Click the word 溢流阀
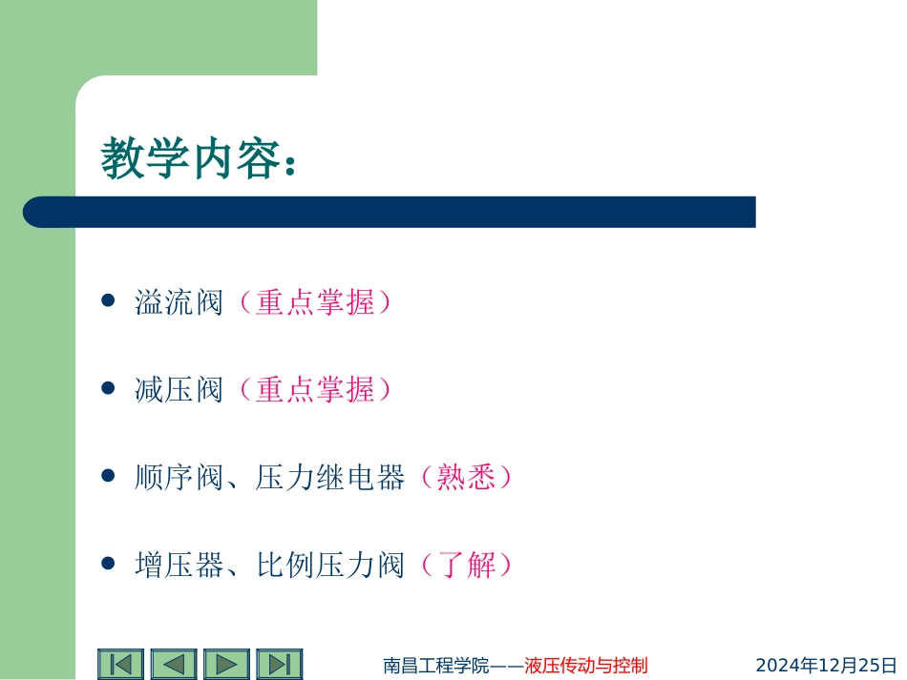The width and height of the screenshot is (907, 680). coord(179,303)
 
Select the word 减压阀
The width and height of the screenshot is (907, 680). coord(179,389)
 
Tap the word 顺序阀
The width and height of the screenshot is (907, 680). coord(179,477)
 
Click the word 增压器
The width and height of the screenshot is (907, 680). coord(179,565)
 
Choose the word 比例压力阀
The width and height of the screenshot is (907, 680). coord(330,565)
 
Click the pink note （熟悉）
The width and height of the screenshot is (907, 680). coord(467,477)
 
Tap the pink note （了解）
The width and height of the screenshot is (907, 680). coord(467,565)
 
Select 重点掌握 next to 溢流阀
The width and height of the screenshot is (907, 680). coord(315,303)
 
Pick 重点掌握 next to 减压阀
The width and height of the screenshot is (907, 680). coord(315,389)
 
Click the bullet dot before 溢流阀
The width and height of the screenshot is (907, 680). coord(108,301)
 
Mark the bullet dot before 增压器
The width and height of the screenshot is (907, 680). coord(108,563)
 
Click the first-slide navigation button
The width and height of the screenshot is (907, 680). coord(120,664)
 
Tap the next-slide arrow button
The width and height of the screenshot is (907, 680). coord(226,664)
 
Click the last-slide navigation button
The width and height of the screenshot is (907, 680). coord(279,664)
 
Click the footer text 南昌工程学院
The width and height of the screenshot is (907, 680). coord(435,665)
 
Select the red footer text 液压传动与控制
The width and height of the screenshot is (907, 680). coord(586,665)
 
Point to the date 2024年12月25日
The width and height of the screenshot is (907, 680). coord(827,665)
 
